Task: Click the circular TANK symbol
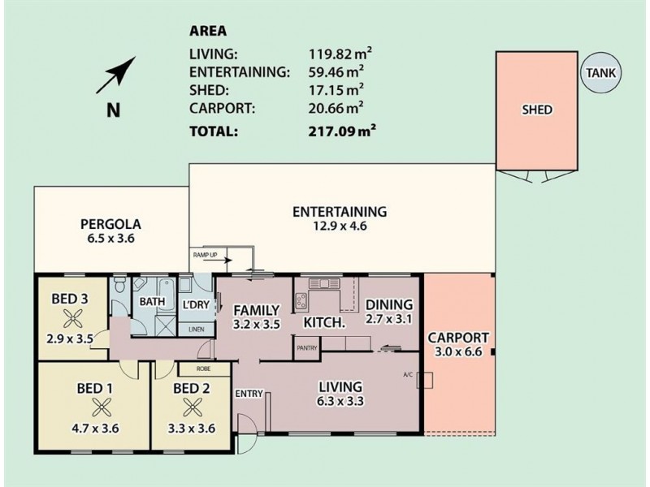pos(600,73)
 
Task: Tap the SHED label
pos(537,110)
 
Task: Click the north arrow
pos(116,75)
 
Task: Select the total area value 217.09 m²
pos(342,131)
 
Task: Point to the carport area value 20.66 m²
pos(336,108)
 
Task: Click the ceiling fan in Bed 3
pos(73,319)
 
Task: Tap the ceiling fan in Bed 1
pos(102,407)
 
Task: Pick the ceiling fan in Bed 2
pos(193,407)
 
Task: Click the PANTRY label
pos(307,348)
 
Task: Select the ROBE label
pos(204,368)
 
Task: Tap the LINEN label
pos(196,330)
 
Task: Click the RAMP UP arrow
pos(223,261)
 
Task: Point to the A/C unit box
pos(425,380)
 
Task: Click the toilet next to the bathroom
pos(119,285)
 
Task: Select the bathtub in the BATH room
pos(167,294)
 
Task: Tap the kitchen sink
pos(324,283)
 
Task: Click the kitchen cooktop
pos(301,300)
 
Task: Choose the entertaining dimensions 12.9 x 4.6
pos(340,226)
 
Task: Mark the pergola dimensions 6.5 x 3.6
pos(110,239)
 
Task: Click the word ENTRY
pos(249,394)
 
